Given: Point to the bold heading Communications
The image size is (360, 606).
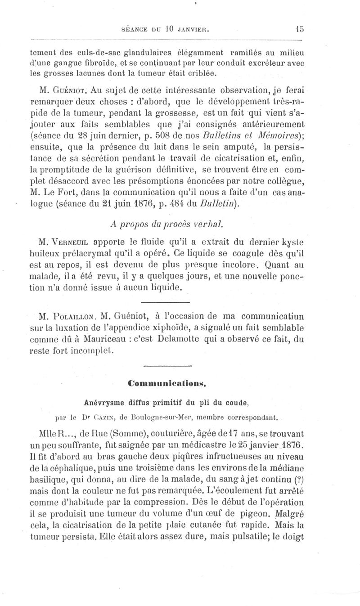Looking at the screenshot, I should [x=167, y=383].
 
